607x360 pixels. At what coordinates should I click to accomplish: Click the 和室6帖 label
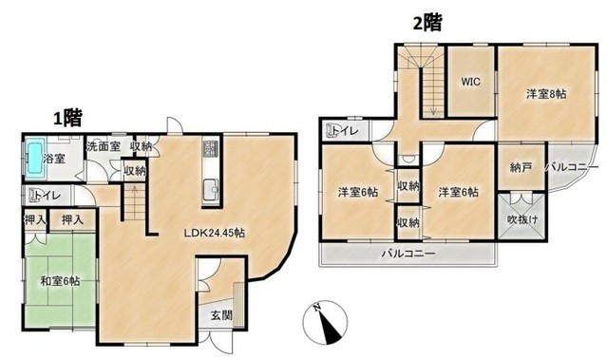(x=60, y=281)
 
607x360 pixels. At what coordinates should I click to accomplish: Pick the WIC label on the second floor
(x=471, y=82)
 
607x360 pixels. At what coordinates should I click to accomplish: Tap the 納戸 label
(x=520, y=166)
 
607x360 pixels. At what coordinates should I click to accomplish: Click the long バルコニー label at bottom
(x=408, y=255)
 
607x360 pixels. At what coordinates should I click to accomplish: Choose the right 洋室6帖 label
(x=459, y=192)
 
